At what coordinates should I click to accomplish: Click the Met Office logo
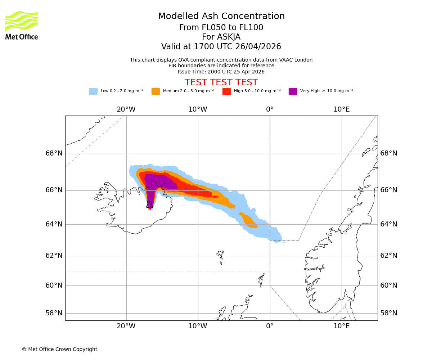[22, 25]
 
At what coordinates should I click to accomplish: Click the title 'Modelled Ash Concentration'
[221, 17]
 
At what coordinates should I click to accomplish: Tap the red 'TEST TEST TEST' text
[221, 83]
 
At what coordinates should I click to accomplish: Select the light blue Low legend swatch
[93, 91]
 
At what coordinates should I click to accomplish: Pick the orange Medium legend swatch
[156, 91]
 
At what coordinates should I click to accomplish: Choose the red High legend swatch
[226, 91]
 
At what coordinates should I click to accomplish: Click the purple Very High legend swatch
[293, 91]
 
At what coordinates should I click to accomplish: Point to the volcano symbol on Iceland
[150, 204]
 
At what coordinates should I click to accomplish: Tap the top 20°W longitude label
[126, 109]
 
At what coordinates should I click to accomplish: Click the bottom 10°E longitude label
[341, 327]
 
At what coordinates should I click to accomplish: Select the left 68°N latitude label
[54, 153]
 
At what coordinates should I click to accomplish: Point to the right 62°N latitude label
[389, 256]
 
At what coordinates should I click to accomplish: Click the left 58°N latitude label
[54, 313]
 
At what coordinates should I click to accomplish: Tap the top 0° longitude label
[270, 109]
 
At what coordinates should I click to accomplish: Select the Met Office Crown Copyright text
[59, 350]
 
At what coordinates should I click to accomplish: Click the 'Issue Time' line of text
[221, 72]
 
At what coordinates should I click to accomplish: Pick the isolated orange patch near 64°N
[248, 221]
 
